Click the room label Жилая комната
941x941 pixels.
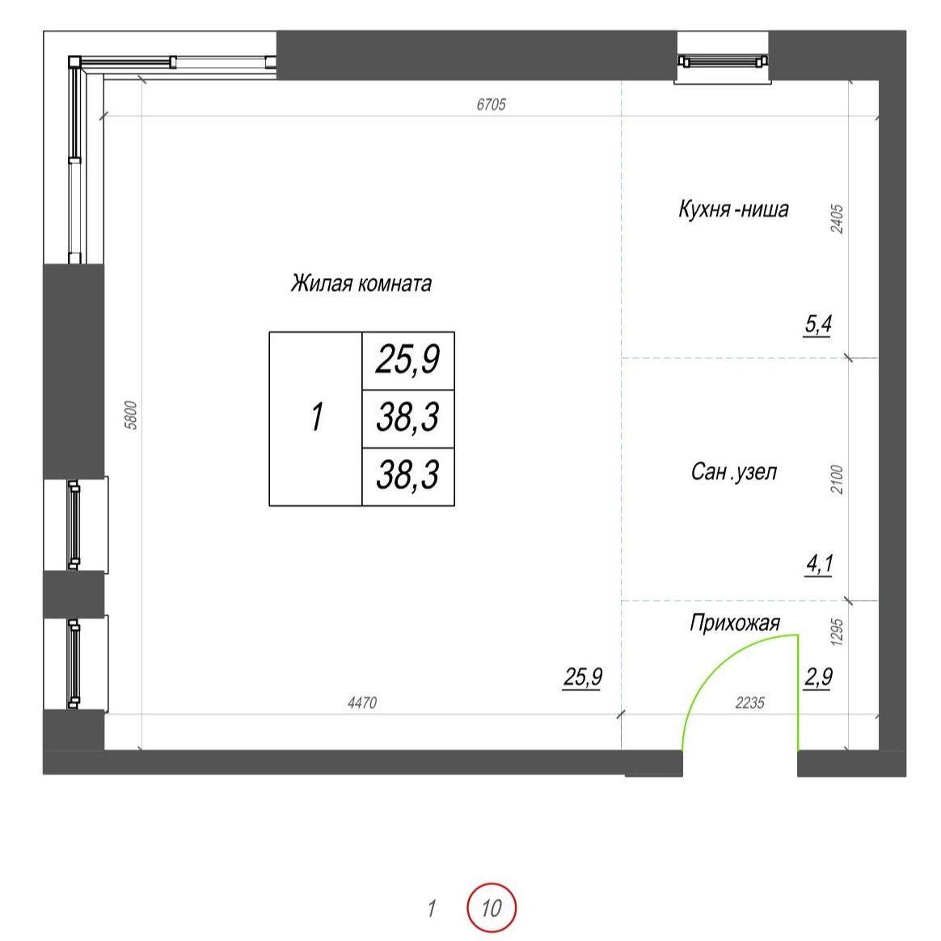361,283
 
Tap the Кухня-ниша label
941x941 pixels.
733,209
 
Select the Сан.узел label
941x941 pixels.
734,471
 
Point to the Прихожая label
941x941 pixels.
735,623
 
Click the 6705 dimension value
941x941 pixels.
491,104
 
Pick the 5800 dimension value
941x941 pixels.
132,416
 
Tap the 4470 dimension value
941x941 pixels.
362,703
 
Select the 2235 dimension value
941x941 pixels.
749,703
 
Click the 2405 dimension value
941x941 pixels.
837,219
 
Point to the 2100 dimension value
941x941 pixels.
837,479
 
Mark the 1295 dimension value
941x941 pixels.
837,632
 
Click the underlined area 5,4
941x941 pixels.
818,325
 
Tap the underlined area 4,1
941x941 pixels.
819,564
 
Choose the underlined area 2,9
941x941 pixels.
818,677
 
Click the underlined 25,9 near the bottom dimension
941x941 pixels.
582,677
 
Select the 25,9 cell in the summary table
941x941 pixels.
408,360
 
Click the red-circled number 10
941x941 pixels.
492,907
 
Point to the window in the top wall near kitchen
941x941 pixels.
723,61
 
